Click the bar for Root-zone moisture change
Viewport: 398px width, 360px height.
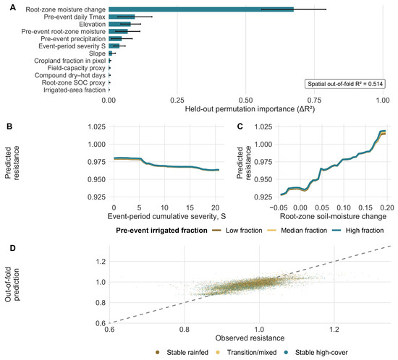point(201,9)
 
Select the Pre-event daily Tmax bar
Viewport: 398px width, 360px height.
point(122,17)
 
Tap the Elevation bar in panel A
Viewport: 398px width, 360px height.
point(120,25)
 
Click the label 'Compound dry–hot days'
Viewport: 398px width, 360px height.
point(69,76)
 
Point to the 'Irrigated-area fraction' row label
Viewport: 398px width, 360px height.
point(75,90)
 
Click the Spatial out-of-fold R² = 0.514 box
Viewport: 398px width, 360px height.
point(345,84)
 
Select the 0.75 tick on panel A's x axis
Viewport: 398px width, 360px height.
point(314,100)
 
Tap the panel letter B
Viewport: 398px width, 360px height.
point(9,127)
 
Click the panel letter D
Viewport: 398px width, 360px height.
point(12,248)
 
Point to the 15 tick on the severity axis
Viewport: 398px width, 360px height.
point(190,208)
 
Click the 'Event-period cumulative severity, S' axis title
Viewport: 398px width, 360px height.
point(166,217)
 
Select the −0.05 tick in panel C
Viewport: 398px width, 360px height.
point(279,208)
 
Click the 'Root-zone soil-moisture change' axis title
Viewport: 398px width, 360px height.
point(333,217)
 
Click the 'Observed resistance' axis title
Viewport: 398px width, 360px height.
point(250,338)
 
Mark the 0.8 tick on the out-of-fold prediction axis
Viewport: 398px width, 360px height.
point(101,303)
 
